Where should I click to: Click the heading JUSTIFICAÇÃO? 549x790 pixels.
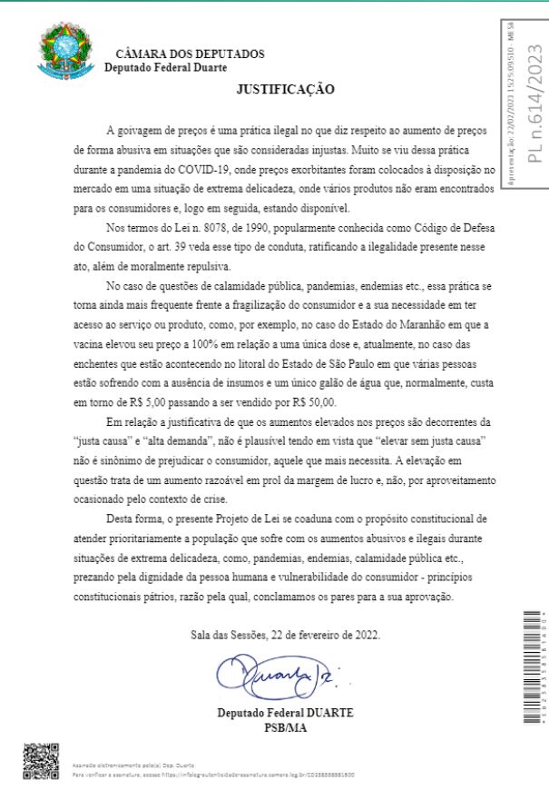286,89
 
